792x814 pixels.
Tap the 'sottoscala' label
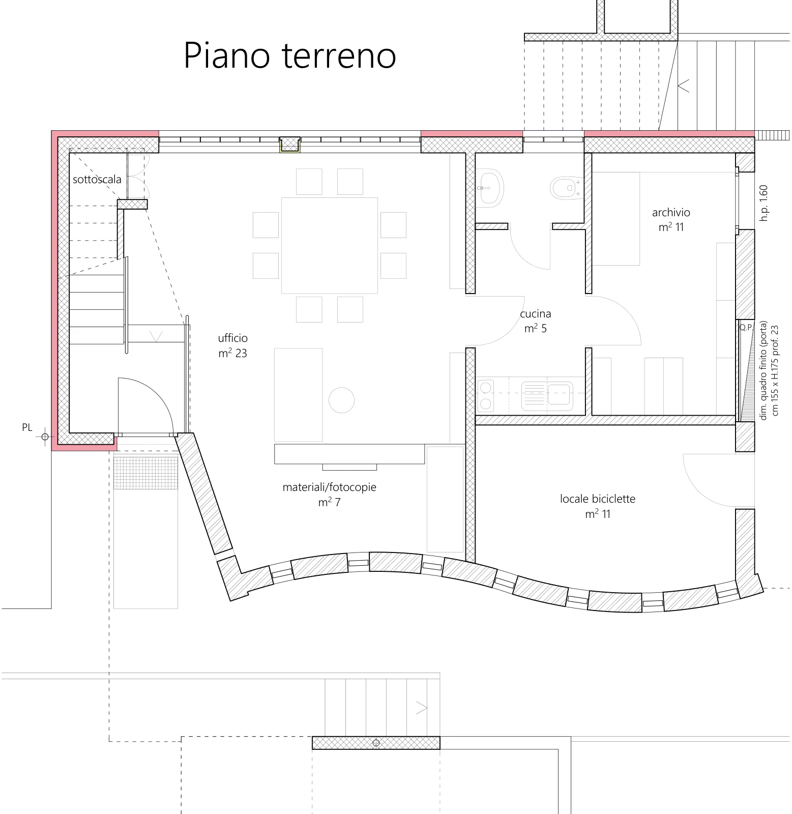point(97,179)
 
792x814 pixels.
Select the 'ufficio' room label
point(233,338)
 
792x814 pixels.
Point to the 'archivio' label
point(671,212)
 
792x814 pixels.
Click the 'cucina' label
point(536,314)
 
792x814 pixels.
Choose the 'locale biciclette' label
point(598,499)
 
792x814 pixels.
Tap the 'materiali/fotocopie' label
point(330,487)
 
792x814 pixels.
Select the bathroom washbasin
point(490,188)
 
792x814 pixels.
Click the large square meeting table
point(330,245)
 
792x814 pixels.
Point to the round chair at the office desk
point(341,400)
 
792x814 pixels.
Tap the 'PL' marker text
point(27,427)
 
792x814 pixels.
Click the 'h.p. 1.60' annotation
point(763,202)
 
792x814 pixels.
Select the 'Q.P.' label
point(746,328)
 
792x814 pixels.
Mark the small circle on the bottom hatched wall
point(376,743)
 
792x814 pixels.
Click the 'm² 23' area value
point(233,353)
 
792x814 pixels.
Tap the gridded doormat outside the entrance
point(145,473)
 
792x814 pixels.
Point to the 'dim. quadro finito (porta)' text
point(763,370)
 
